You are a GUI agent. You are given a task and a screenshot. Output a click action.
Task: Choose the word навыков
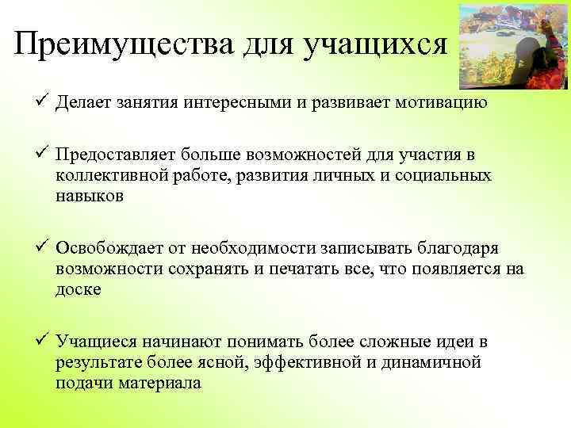tap(90, 198)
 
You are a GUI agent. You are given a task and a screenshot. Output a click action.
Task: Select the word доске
tap(79, 291)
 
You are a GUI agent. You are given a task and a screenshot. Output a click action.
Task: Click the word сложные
tap(375, 342)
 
